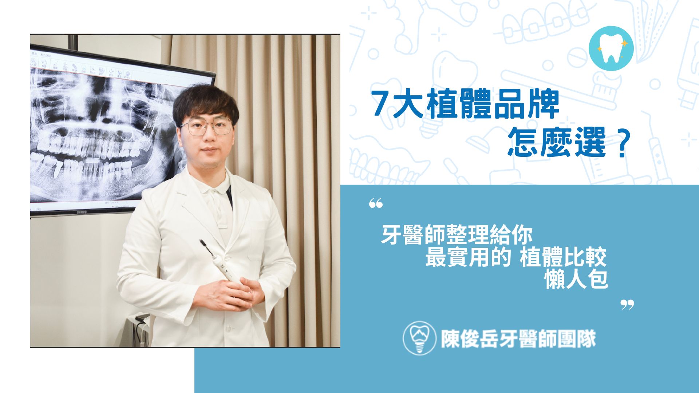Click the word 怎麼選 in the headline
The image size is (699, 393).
[556, 142]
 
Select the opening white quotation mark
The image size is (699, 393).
[376, 203]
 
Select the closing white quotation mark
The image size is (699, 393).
[627, 305]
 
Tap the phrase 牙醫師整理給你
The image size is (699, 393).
[457, 235]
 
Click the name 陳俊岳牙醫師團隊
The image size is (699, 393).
[518, 339]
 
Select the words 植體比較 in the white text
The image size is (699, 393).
[564, 257]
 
